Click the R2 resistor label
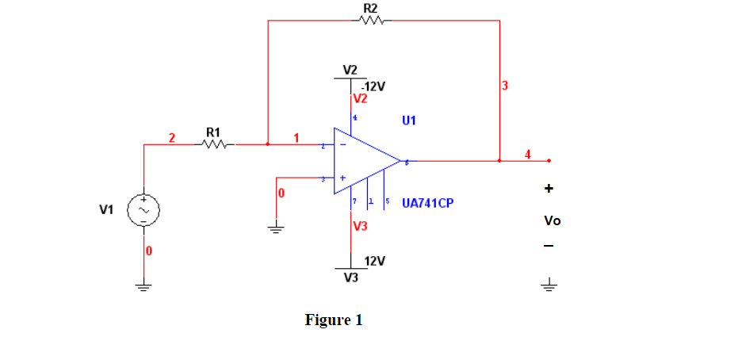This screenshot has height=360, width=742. [x=370, y=8]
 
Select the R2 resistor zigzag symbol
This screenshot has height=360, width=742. [x=371, y=21]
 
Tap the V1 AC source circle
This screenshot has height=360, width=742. [x=145, y=209]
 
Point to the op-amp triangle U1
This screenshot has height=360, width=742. [x=365, y=160]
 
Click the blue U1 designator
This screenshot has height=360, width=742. [x=409, y=121]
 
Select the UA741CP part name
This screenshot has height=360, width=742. [x=427, y=203]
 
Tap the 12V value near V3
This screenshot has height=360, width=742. [x=375, y=261]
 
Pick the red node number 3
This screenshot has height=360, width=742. [x=504, y=85]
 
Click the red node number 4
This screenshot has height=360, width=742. [x=529, y=153]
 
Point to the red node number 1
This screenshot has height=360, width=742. [x=296, y=138]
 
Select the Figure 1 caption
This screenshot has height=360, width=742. [x=334, y=320]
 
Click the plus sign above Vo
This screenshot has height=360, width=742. [x=549, y=189]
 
